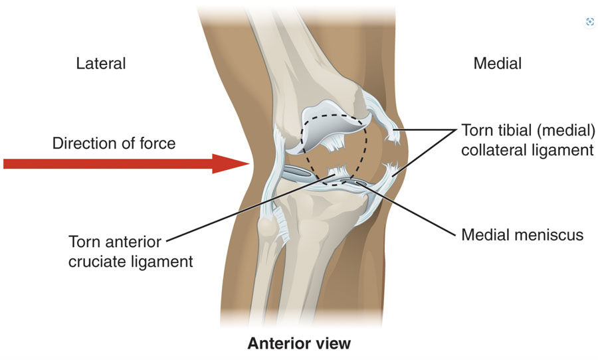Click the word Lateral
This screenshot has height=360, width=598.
101,63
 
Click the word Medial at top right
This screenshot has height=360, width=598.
497,63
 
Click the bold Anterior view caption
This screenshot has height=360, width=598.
299,343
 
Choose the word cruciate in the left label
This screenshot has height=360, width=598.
96,262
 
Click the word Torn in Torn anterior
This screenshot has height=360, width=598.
83,242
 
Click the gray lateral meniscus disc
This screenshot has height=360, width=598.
298,173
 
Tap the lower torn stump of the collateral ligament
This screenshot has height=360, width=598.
389,170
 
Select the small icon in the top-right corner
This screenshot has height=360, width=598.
589,22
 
